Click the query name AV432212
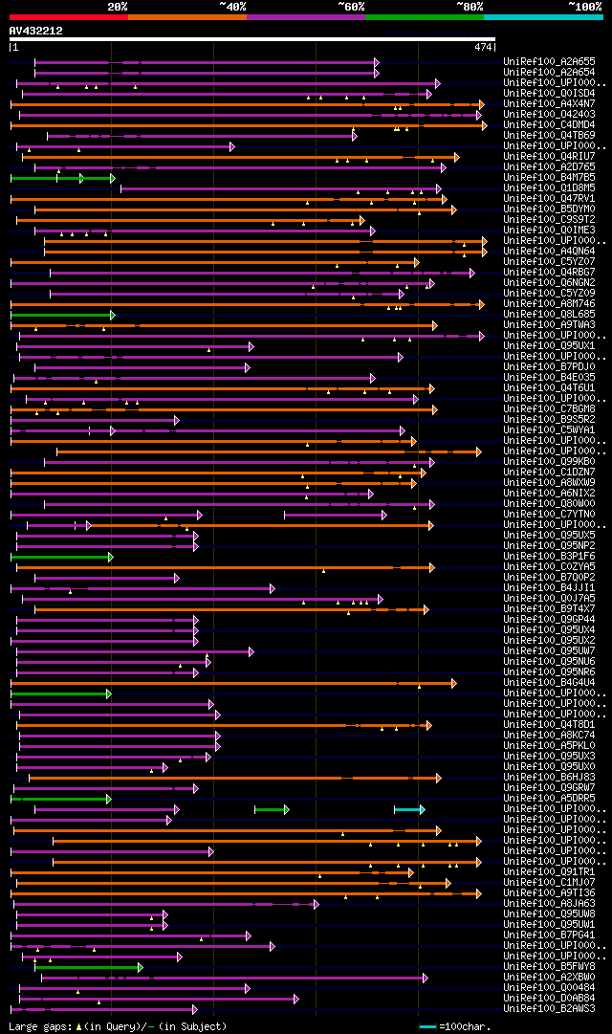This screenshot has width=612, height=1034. [36, 31]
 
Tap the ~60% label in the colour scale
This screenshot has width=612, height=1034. [351, 7]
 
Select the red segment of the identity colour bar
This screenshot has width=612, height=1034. [68, 17]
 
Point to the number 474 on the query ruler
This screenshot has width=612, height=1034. [482, 47]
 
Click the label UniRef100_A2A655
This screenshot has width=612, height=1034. [549, 62]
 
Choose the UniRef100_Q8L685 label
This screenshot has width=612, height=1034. [549, 315]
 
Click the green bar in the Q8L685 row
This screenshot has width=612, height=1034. [61, 315]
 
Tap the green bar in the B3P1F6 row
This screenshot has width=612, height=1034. [61, 557]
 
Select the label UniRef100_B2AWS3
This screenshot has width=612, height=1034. [549, 1009]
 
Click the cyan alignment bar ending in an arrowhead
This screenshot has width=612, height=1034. [408, 809]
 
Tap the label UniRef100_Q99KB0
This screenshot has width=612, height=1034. [549, 462]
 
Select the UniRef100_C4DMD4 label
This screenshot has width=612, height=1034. [549, 125]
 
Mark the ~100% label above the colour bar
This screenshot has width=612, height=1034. [584, 7]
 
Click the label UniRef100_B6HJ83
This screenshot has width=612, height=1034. [549, 778]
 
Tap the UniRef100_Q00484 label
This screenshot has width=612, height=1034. [549, 988]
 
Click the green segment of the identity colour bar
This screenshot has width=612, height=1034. [424, 17]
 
